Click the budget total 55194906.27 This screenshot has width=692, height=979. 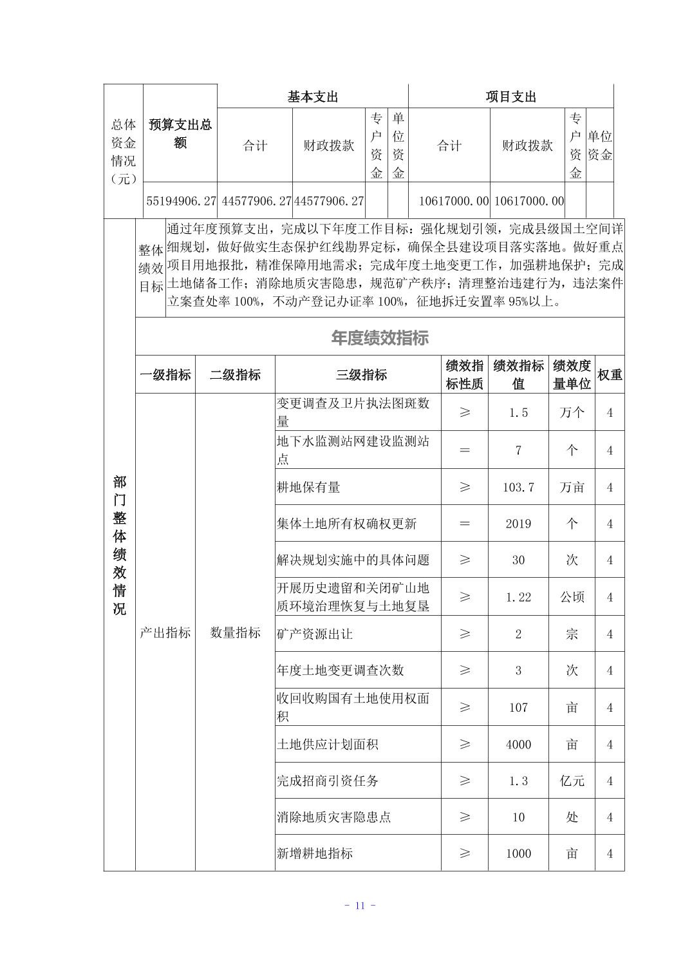click(x=181, y=201)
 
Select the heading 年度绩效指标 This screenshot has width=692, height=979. click(x=380, y=338)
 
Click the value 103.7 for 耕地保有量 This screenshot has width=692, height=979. click(x=518, y=488)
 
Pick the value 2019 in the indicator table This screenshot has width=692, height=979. click(x=518, y=524)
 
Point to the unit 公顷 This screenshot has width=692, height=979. click(x=572, y=597)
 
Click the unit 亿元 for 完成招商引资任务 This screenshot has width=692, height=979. click(x=572, y=781)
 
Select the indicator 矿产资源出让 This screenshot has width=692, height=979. click(x=315, y=634)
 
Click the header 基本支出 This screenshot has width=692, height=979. click(x=313, y=97)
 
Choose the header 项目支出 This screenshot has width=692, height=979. click(x=510, y=97)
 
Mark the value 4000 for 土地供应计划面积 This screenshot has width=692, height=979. click(x=518, y=745)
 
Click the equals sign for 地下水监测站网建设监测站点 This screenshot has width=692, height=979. click(x=465, y=450)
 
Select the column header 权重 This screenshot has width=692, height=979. click(x=610, y=375)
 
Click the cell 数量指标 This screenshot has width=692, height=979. click(x=235, y=633)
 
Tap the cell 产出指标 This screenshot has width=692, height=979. click(x=165, y=633)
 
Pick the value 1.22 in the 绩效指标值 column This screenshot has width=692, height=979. click(x=518, y=597)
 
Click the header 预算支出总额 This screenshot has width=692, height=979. click(x=180, y=133)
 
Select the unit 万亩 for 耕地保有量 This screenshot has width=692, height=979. click(x=572, y=488)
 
